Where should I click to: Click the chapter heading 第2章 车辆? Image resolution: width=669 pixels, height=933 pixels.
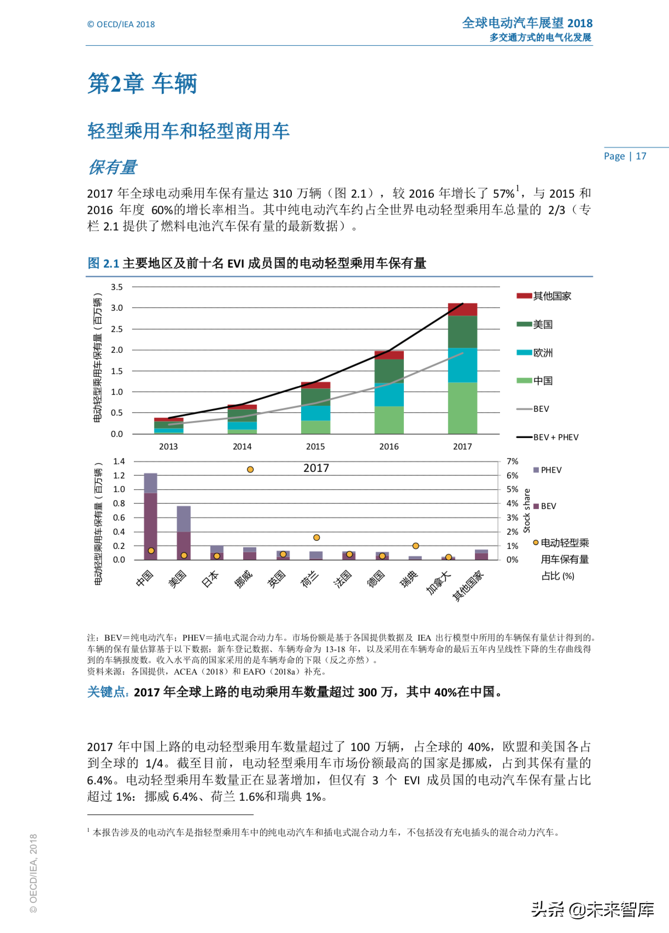142,84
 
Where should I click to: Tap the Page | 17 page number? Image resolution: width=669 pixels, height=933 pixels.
625,156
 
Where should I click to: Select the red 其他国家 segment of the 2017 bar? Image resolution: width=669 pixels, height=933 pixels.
462,310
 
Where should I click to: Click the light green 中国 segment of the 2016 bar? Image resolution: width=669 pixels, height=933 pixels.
389,420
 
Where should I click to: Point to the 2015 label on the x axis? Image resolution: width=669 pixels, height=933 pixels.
315,446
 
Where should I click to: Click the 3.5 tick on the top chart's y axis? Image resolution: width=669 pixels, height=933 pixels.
117,287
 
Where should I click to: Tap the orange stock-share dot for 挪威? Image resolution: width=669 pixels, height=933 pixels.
250,470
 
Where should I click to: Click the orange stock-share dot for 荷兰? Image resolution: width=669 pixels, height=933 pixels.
316,538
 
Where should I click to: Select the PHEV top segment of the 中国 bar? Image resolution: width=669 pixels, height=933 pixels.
150,483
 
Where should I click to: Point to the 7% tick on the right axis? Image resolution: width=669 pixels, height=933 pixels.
512,462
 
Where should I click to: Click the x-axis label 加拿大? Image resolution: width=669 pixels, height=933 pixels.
438,583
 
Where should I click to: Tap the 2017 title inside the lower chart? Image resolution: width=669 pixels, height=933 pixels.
316,468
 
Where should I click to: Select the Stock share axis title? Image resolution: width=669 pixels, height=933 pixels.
527,511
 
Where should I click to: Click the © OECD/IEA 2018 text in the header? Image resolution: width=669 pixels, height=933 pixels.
121,25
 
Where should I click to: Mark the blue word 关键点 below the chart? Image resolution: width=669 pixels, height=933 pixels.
108,692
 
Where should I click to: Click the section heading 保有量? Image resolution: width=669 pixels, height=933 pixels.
112,167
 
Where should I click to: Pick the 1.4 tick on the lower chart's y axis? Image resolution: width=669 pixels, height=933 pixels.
119,462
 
